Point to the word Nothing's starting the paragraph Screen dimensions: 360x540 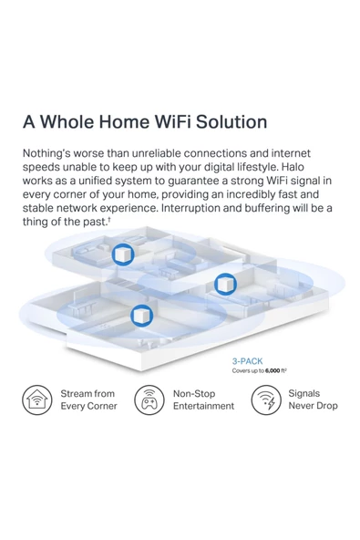click(54, 153)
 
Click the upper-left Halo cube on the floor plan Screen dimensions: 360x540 click(123, 255)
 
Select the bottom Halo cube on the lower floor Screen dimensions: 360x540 click(140, 317)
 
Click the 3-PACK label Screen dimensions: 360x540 click(248, 361)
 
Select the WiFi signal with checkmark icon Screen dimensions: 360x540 click(264, 400)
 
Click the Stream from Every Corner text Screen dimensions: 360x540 click(88, 400)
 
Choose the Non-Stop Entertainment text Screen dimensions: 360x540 click(203, 400)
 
